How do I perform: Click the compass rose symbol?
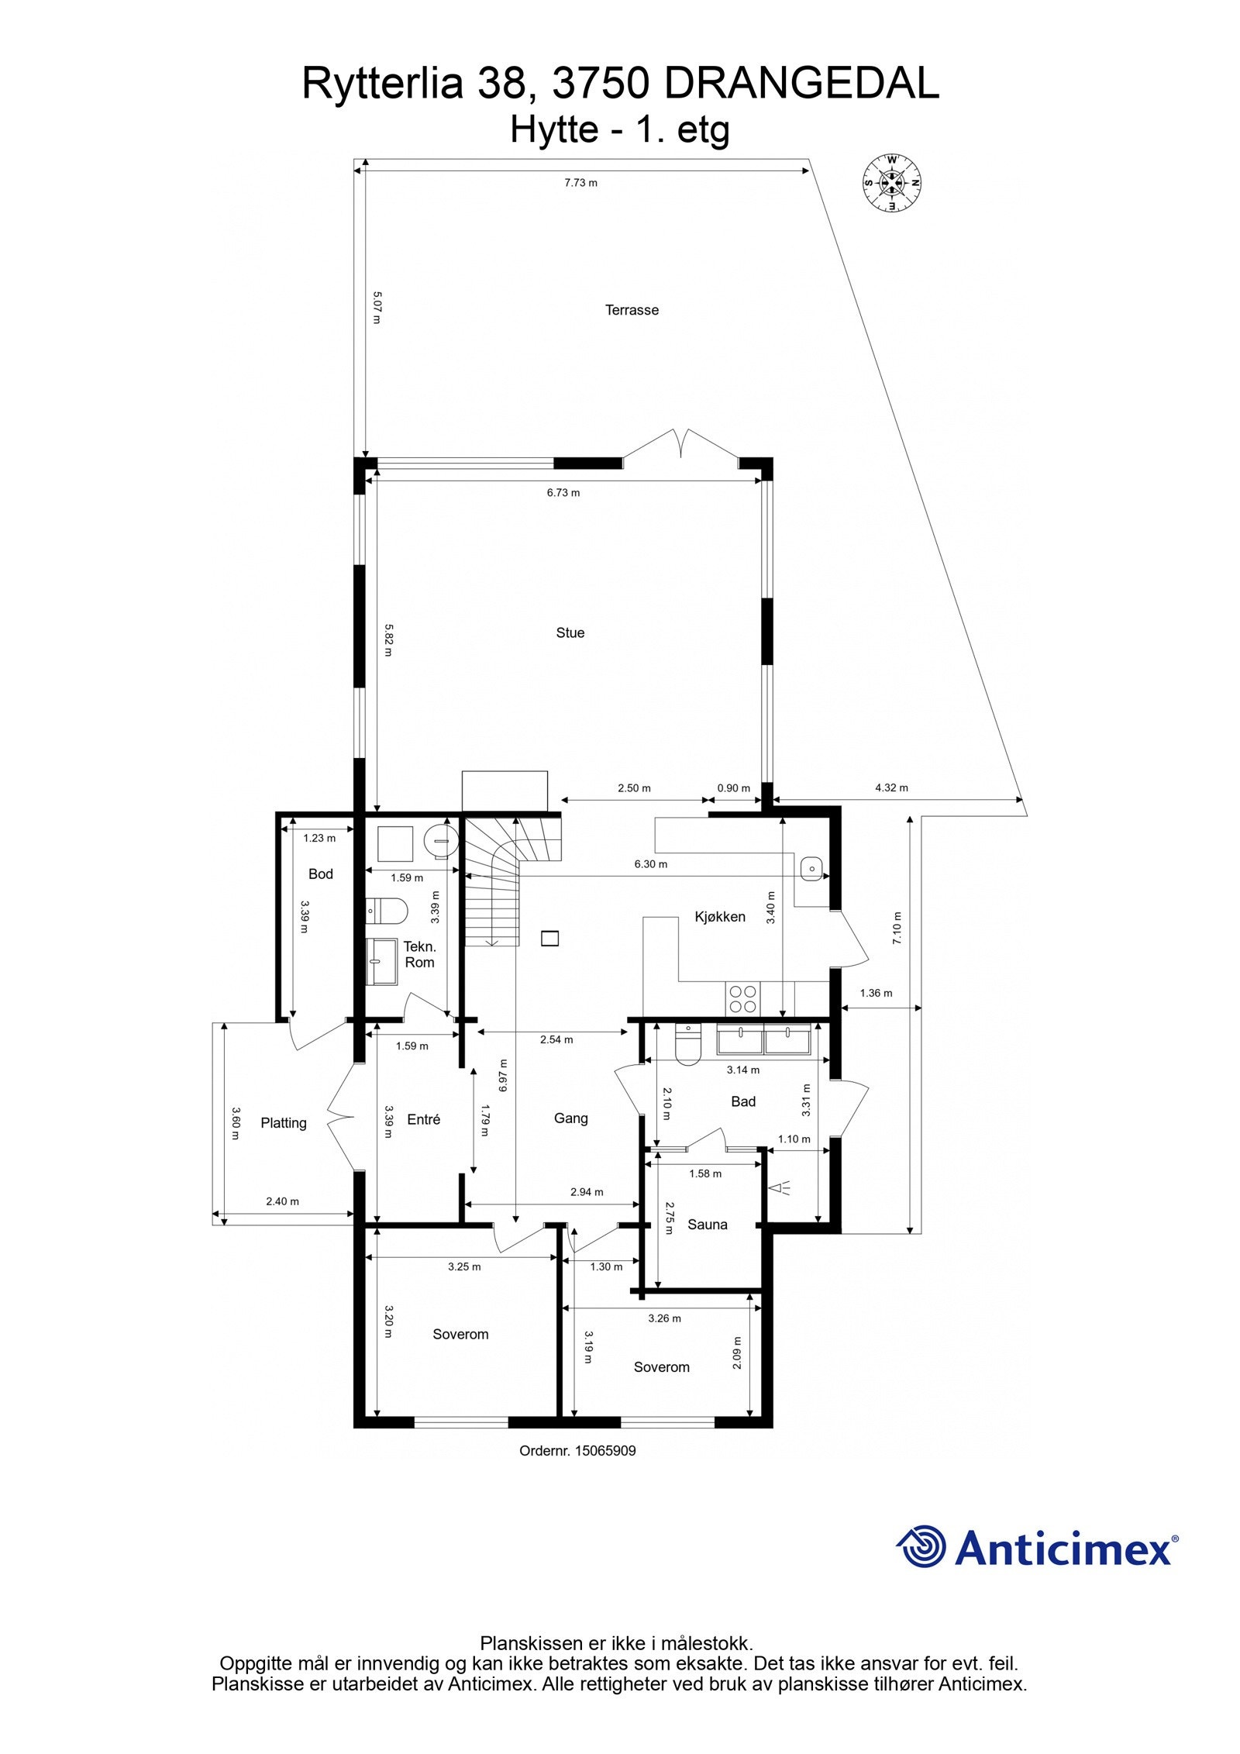click(x=892, y=183)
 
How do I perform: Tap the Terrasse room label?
click(x=632, y=310)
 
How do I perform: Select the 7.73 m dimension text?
click(x=580, y=183)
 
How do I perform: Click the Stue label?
click(x=570, y=632)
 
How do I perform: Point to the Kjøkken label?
click(x=719, y=916)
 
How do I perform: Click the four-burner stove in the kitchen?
click(x=743, y=998)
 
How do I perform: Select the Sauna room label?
click(x=707, y=1225)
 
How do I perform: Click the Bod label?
click(x=320, y=874)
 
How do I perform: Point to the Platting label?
click(x=283, y=1123)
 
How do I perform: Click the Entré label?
click(x=423, y=1119)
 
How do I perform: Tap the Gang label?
click(x=570, y=1118)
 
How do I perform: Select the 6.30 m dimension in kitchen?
click(x=650, y=863)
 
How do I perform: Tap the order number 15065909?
click(x=604, y=1450)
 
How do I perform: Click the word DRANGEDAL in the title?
click(x=801, y=84)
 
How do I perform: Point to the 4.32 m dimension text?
click(x=891, y=787)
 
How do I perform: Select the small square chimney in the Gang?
click(x=549, y=938)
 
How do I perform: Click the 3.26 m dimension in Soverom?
click(x=664, y=1318)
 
